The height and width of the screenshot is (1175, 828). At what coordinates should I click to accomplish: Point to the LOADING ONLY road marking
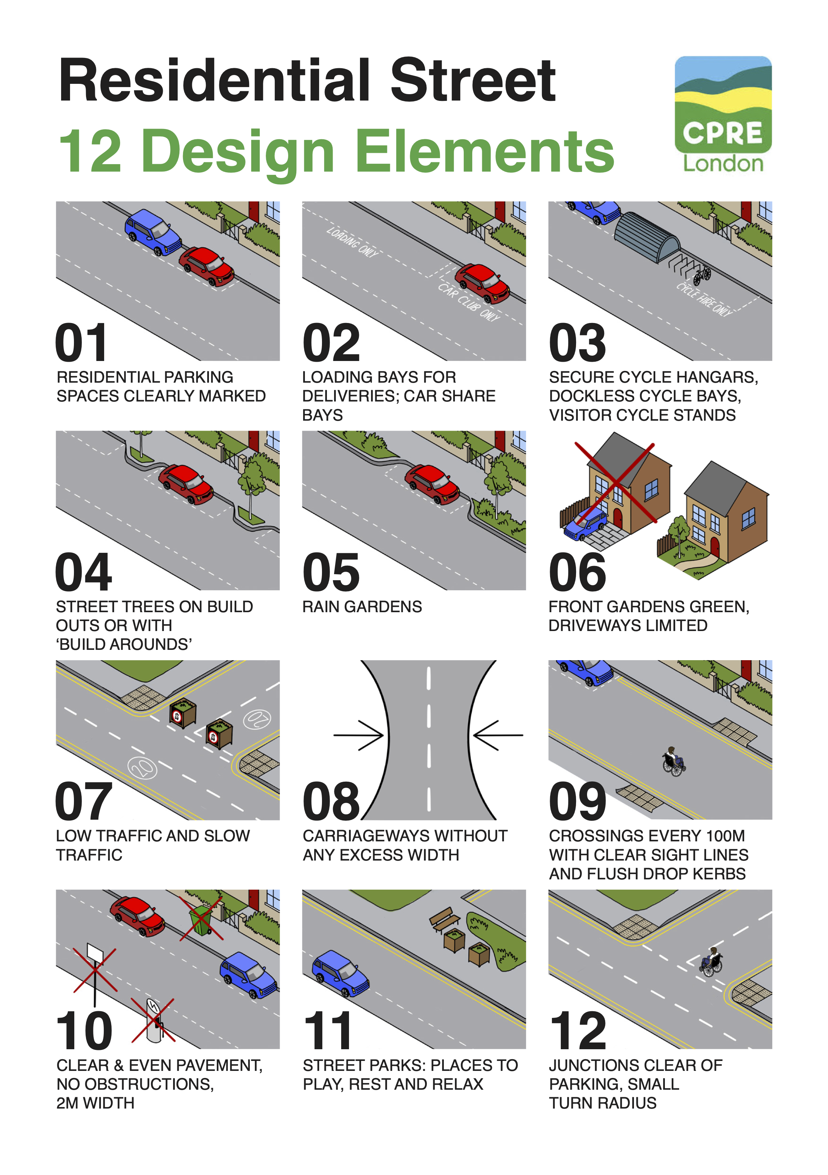tap(352, 242)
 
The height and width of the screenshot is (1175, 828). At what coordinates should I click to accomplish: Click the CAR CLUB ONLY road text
tap(468, 302)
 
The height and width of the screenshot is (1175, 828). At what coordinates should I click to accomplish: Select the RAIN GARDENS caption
tap(362, 607)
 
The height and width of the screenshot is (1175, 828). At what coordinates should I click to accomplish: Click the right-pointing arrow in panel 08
tap(358, 735)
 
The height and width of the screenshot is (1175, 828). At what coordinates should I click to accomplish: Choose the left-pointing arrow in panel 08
tap(498, 735)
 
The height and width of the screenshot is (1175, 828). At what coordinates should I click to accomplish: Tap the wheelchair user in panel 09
tap(673, 761)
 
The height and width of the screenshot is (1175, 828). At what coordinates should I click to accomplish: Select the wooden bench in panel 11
tap(444, 920)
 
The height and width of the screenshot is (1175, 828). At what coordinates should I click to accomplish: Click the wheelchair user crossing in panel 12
tap(711, 962)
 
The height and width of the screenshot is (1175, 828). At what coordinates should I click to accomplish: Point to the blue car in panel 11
tap(340, 974)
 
